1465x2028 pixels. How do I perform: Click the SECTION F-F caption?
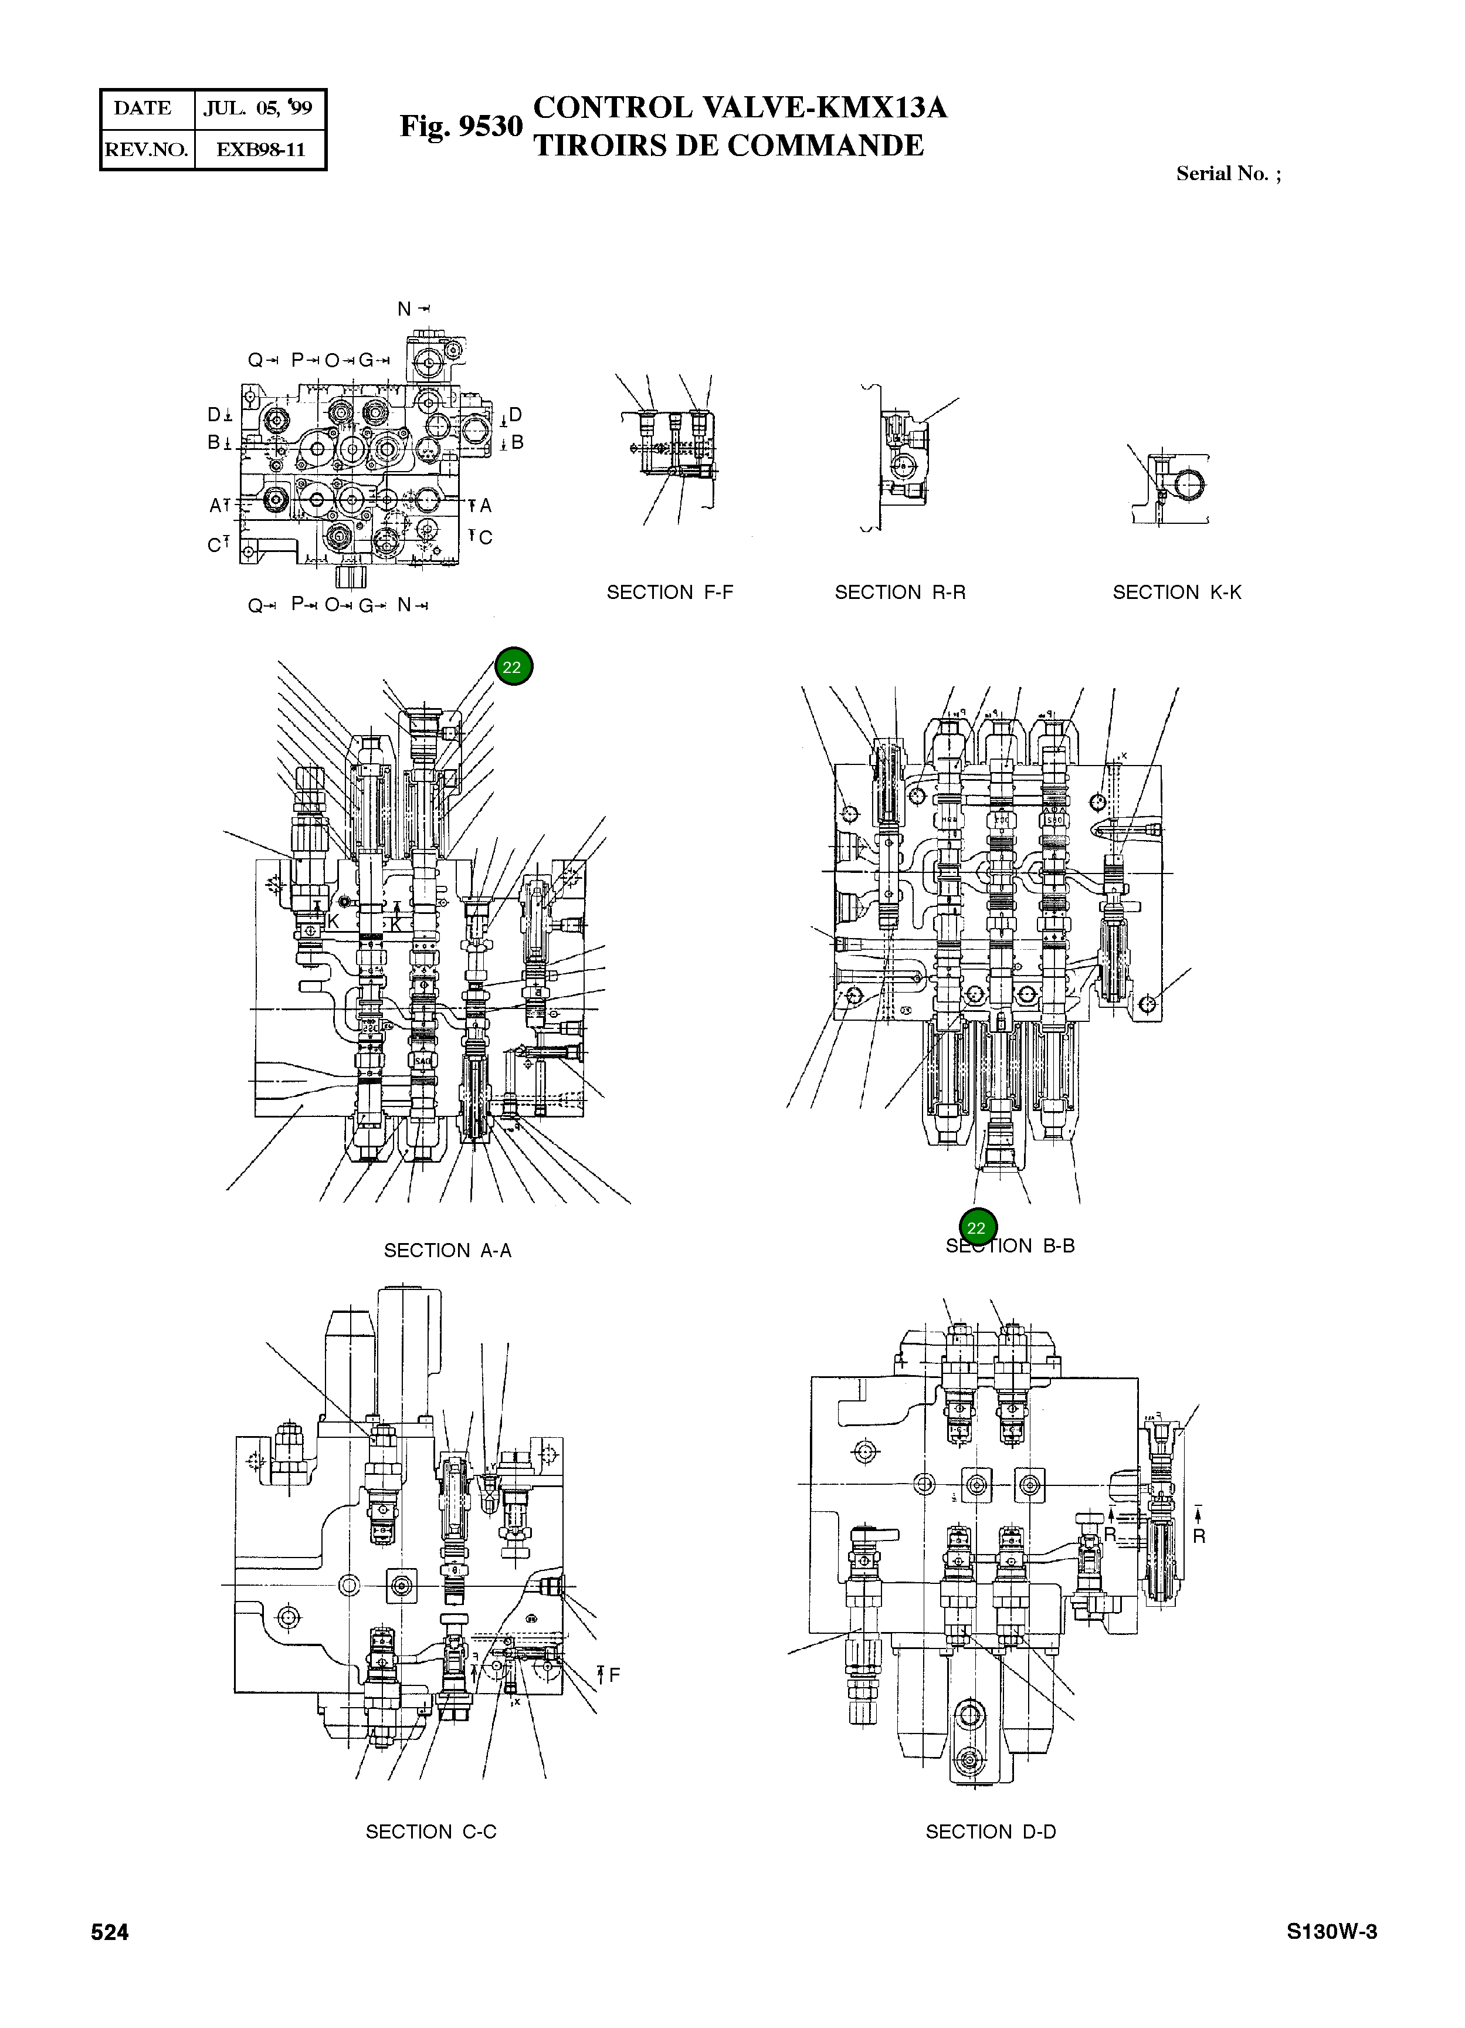pyautogui.click(x=670, y=592)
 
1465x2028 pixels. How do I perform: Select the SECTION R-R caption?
pyautogui.click(x=900, y=592)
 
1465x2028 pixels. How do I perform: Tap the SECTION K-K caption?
pyautogui.click(x=1176, y=592)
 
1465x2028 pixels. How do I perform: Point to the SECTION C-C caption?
pyautogui.click(x=431, y=1831)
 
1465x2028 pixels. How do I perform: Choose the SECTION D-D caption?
pyautogui.click(x=991, y=1831)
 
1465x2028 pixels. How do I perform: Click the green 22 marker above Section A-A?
pyautogui.click(x=512, y=667)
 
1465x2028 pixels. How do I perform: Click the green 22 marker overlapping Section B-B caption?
pyautogui.click(x=976, y=1228)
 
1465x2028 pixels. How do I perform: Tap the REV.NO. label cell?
pyautogui.click(x=147, y=150)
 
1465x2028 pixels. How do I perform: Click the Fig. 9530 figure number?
pyautogui.click(x=460, y=127)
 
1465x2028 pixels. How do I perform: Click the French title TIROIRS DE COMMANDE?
pyautogui.click(x=728, y=145)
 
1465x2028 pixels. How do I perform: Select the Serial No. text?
pyautogui.click(x=1227, y=174)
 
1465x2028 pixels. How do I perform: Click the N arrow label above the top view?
pyautogui.click(x=413, y=309)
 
